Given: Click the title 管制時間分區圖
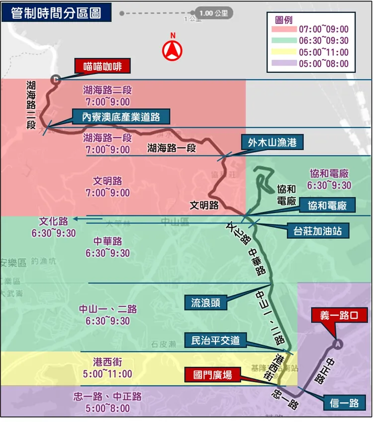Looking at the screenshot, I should click(56, 12).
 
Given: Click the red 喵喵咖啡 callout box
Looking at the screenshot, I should click(102, 66).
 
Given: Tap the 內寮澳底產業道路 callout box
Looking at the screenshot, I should click(121, 117).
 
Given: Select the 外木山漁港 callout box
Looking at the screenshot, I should click(272, 142).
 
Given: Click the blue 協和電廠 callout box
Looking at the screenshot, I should click(327, 206).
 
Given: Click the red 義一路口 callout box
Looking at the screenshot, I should click(338, 315).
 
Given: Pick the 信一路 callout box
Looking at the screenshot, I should click(344, 402).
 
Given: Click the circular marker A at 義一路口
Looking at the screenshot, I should click(338, 343).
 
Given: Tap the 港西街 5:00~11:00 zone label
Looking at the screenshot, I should click(108, 368).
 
